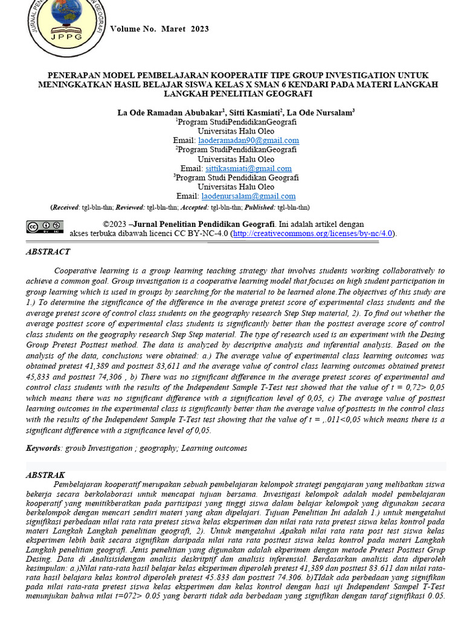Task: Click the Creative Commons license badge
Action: (x=45, y=227)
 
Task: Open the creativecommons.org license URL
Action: (x=313, y=234)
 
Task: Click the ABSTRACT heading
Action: (x=48, y=252)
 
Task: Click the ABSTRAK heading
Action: (x=45, y=475)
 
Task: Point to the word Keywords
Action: (x=43, y=448)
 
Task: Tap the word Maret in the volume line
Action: (x=173, y=29)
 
